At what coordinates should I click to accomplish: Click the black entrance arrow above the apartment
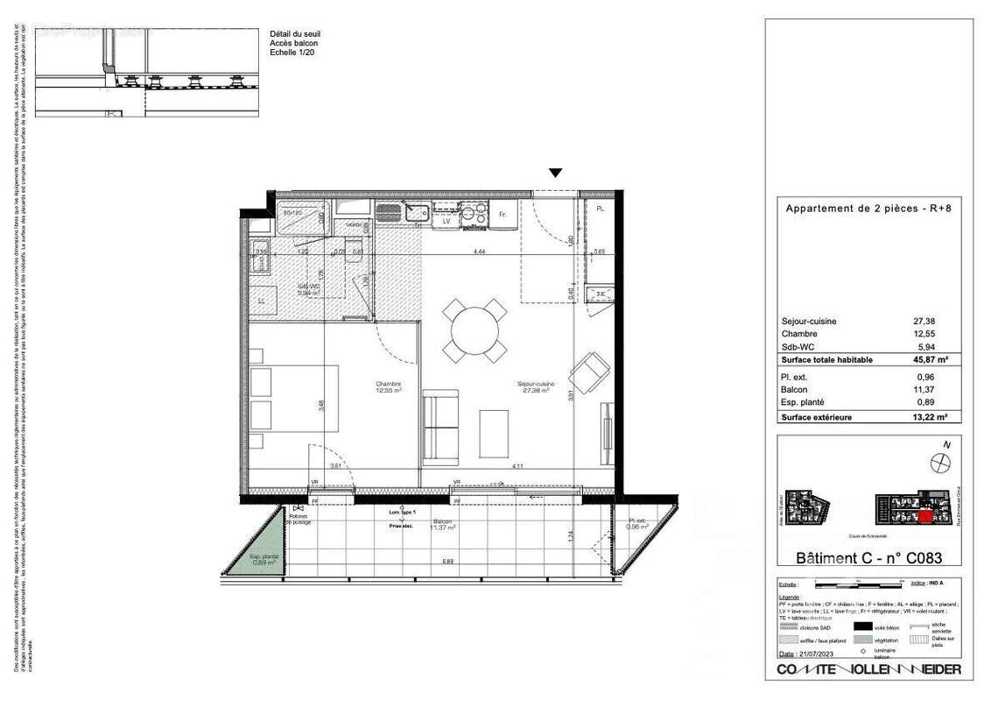(555, 173)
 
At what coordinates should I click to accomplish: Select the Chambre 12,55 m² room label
(389, 386)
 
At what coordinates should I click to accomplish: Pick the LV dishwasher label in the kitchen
(446, 221)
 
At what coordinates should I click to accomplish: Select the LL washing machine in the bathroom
(261, 301)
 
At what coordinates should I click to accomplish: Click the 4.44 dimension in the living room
(479, 251)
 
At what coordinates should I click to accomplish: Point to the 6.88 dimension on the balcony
(447, 561)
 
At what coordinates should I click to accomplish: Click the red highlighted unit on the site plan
(926, 517)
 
